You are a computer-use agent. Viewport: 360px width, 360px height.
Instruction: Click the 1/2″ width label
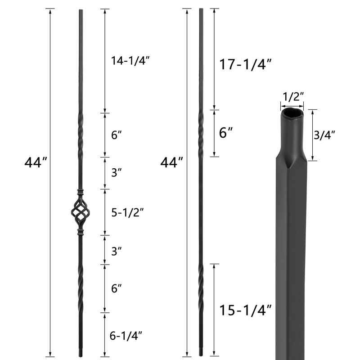[x=292, y=96]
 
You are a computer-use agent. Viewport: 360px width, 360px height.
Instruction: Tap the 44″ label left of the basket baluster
[x=36, y=162]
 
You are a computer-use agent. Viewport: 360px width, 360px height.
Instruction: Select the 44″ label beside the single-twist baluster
[x=171, y=162]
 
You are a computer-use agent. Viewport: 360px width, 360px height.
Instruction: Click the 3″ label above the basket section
[x=116, y=172]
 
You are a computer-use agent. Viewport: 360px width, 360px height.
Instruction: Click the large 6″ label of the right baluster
[x=226, y=133]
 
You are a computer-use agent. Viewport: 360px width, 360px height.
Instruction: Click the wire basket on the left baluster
[x=80, y=212]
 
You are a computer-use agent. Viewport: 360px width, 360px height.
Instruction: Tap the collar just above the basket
[x=80, y=193]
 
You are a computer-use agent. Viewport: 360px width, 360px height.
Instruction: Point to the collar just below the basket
[x=80, y=233]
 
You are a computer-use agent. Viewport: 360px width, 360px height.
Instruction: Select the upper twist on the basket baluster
[x=80, y=135]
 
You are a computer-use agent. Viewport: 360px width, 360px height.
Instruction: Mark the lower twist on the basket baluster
[x=80, y=288]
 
